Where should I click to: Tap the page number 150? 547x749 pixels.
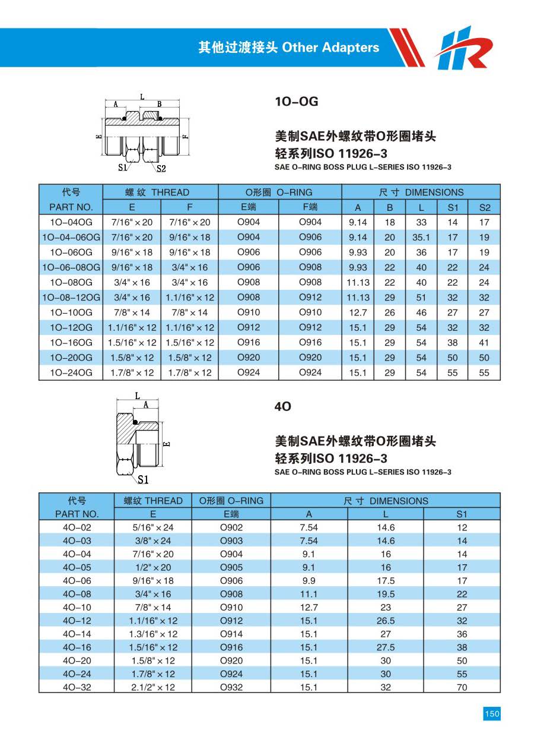click(x=492, y=713)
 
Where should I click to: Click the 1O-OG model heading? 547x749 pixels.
click(x=296, y=102)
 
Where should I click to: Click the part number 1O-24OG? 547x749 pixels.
click(x=71, y=372)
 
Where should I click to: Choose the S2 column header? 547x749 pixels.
click(x=484, y=207)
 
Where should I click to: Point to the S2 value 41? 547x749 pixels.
click(x=484, y=343)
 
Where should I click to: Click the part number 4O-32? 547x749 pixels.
click(x=77, y=687)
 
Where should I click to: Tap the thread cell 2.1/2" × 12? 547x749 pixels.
click(x=153, y=687)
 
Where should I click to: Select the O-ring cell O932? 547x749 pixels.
click(x=231, y=687)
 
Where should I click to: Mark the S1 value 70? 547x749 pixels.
click(x=462, y=687)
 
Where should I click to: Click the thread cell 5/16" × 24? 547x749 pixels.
click(x=153, y=527)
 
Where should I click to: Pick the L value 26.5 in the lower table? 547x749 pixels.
click(x=386, y=621)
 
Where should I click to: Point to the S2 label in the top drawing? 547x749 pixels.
click(x=161, y=168)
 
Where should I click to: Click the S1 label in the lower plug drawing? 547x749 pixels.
click(x=143, y=479)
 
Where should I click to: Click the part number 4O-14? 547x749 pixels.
click(x=77, y=634)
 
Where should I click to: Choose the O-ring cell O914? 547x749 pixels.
click(x=231, y=634)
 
